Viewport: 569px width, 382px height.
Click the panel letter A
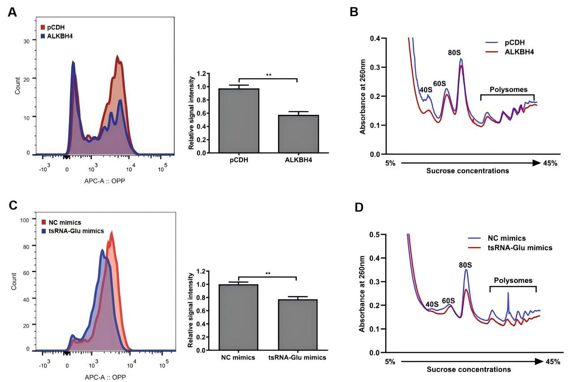coord(13,13)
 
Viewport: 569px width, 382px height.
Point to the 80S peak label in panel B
coord(454,53)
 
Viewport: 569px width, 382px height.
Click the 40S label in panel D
coord(432,304)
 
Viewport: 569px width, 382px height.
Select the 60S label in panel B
coord(439,83)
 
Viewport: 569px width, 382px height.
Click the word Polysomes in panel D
coord(513,281)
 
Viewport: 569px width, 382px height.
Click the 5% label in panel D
coord(390,361)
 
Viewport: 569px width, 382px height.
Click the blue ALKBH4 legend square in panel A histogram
coord(43,36)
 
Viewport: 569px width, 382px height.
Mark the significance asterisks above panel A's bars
coord(268,75)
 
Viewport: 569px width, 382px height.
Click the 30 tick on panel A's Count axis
coord(26,40)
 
